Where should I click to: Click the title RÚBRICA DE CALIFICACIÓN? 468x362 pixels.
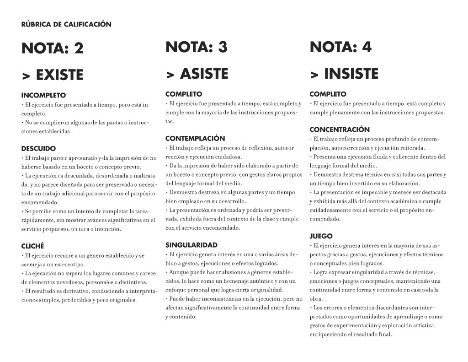pyautogui.click(x=66, y=24)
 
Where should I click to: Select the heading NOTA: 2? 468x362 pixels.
pyautogui.click(x=53, y=49)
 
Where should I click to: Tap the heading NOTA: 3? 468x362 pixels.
pyautogui.click(x=197, y=47)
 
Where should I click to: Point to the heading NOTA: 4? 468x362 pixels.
pyautogui.click(x=340, y=47)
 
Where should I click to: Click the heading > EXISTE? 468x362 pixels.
pyautogui.click(x=53, y=75)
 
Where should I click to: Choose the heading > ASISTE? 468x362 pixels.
pyautogui.click(x=197, y=74)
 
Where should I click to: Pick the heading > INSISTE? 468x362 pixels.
pyautogui.click(x=344, y=74)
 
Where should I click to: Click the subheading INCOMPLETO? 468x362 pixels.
pyautogui.click(x=43, y=96)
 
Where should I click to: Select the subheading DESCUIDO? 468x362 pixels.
pyautogui.click(x=38, y=149)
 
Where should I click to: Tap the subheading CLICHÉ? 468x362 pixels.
pyautogui.click(x=32, y=246)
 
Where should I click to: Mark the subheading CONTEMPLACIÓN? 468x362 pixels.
pyautogui.click(x=195, y=138)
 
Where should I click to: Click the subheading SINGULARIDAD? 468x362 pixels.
pyautogui.click(x=191, y=245)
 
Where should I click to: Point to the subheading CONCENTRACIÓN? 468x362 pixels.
pyautogui.click(x=340, y=130)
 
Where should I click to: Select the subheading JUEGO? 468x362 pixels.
pyautogui.click(x=321, y=236)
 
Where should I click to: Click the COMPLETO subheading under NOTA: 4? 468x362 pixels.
pyautogui.click(x=328, y=94)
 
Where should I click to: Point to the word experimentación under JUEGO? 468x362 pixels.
pyautogui.click(x=355, y=325)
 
